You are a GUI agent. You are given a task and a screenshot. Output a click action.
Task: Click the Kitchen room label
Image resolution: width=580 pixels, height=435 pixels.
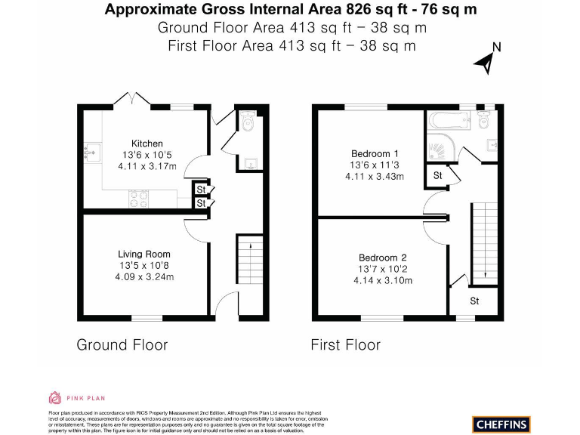tap(147, 143)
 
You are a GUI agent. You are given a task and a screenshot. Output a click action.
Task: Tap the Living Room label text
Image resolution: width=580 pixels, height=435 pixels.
tap(143, 255)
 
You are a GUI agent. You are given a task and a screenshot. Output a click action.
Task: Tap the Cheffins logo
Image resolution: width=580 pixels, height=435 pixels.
tap(502, 424)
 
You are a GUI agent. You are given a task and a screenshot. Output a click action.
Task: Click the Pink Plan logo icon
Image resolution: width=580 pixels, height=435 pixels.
tap(54, 397)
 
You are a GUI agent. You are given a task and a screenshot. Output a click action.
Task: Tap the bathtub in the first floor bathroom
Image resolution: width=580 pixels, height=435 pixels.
tap(447, 119)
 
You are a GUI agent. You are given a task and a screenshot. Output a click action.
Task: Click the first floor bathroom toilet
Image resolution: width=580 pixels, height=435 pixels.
tap(484, 119)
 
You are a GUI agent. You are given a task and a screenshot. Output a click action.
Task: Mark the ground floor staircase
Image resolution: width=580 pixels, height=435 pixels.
tap(250, 261)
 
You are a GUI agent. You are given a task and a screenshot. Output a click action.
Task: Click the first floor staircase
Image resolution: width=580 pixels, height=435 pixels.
tap(483, 240)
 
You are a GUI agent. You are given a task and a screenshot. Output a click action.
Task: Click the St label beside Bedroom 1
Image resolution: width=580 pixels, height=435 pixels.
tap(437, 175)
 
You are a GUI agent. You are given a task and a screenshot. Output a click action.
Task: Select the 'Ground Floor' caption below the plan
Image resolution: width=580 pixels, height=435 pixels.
tap(122, 345)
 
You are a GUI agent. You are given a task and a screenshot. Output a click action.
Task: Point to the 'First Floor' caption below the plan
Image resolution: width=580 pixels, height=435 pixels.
tap(345, 345)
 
